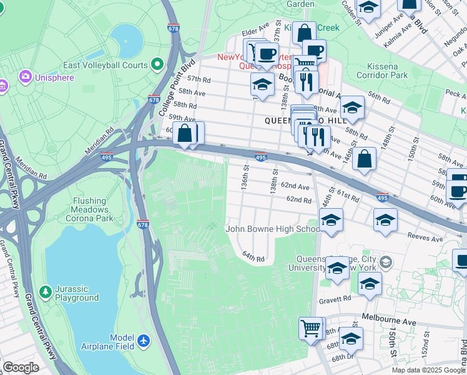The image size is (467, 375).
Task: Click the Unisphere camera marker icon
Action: (26, 77)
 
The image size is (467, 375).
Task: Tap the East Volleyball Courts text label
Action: (106, 65)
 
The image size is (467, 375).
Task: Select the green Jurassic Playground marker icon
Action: (45, 292)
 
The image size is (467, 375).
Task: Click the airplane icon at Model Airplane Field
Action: (144, 341)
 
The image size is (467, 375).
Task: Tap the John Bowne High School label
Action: (273, 229)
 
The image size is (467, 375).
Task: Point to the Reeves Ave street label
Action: (425, 237)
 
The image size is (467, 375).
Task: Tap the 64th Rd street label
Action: (254, 257)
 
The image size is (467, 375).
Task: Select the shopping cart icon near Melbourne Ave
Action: (310, 326)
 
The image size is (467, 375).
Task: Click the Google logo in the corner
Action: (21, 367)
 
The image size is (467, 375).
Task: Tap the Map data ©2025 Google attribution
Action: (428, 370)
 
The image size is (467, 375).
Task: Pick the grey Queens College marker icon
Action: (386, 262)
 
